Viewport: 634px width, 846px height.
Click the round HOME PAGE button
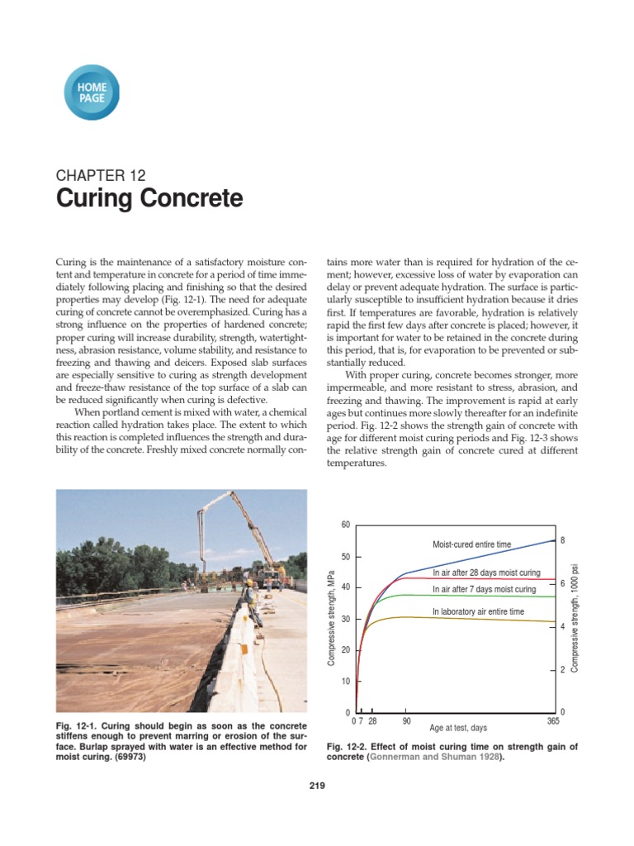tap(91, 92)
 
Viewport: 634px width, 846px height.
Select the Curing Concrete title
tap(149, 199)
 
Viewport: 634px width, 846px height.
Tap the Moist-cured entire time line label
tap(471, 544)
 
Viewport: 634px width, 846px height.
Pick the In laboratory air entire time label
tap(478, 611)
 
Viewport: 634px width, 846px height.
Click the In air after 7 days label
tap(484, 590)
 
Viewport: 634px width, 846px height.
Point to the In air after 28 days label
tap(486, 573)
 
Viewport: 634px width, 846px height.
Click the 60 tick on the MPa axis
tap(346, 525)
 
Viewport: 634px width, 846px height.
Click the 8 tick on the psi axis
tap(562, 540)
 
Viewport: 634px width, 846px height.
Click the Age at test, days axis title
tap(458, 728)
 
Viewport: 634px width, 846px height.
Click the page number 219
tap(317, 786)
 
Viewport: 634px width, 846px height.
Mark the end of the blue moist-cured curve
tap(552, 540)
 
